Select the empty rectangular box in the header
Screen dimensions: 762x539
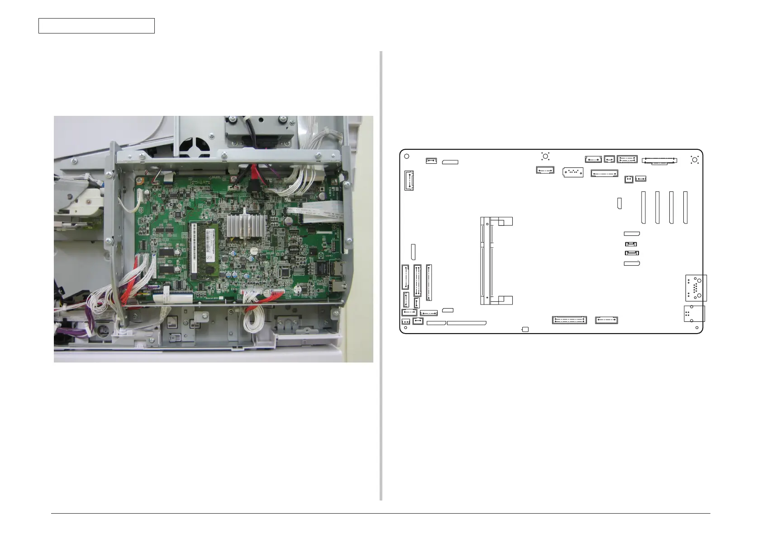[96, 26]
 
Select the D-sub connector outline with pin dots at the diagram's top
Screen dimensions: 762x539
[573, 172]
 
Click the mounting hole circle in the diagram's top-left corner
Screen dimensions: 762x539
[406, 157]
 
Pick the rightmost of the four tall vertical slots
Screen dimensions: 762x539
[685, 207]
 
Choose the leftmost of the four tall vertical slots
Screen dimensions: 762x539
[643, 207]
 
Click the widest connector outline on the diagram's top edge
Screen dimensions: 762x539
[659, 160]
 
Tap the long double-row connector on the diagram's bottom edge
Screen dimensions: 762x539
[569, 320]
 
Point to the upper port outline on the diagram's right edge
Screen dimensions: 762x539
[695, 288]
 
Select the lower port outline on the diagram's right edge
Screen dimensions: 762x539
[694, 314]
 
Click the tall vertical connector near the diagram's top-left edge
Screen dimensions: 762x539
[409, 180]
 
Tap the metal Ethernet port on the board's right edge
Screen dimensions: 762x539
[337, 269]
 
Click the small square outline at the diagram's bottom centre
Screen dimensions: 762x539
[525, 329]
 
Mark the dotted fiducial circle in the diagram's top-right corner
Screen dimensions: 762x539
[695, 160]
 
